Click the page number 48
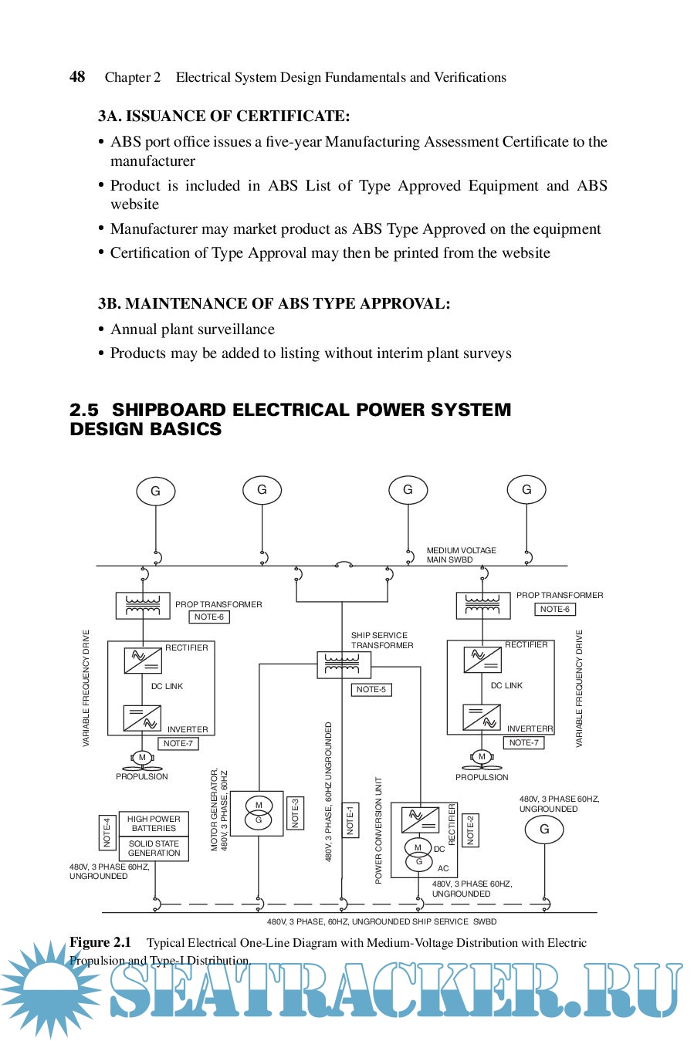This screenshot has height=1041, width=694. point(77,76)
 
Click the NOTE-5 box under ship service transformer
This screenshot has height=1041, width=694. point(371,689)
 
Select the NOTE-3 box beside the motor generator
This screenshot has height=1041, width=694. point(295,813)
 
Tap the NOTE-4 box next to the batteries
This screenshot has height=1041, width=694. point(107,832)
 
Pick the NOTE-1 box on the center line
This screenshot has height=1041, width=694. point(350,820)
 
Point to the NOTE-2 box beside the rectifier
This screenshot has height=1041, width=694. point(470,830)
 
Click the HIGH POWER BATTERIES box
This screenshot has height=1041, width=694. point(154,823)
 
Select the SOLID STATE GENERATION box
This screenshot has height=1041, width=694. point(154,848)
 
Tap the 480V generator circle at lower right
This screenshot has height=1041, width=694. point(544,830)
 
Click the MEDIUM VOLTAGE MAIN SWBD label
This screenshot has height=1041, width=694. point(461,555)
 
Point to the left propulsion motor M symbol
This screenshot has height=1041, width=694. point(142,758)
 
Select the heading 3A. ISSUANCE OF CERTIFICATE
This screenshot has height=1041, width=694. point(224,117)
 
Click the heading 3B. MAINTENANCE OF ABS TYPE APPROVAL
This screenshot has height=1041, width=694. point(274,303)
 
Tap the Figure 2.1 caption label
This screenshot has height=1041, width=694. point(100,942)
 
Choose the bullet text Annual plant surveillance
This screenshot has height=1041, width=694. point(192,330)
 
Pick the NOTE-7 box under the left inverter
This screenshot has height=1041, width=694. point(178,743)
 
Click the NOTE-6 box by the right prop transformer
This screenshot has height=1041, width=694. point(554,609)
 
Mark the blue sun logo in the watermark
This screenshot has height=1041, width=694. point(50,988)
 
